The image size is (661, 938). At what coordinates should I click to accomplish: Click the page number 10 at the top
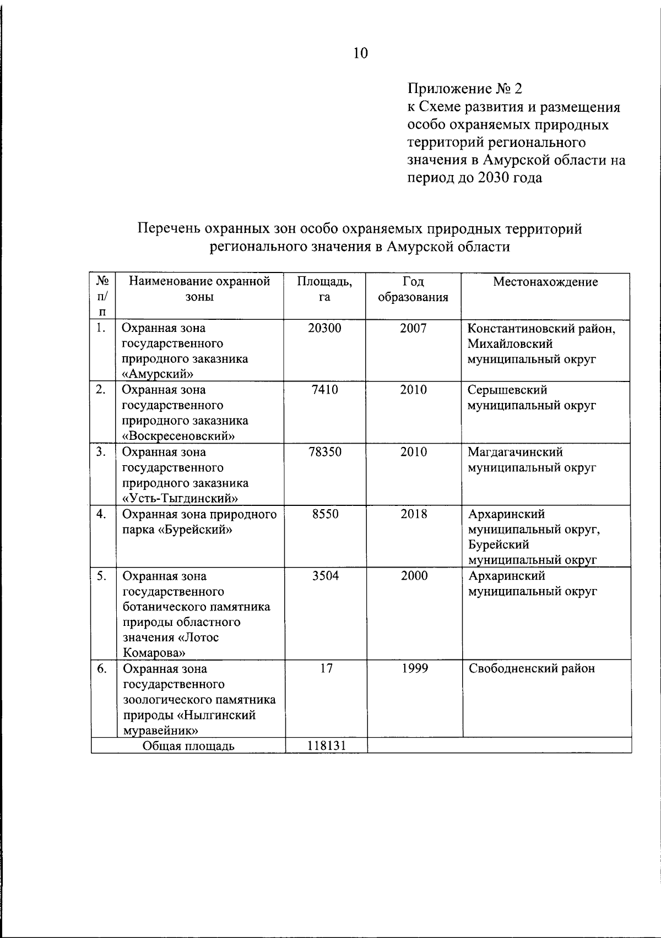click(x=360, y=53)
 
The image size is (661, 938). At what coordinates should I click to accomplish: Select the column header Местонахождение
click(x=545, y=282)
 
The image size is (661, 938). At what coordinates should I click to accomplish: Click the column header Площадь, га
click(x=324, y=289)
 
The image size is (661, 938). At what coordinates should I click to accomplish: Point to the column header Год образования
click(x=413, y=289)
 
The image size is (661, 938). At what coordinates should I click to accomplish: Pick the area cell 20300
click(x=324, y=328)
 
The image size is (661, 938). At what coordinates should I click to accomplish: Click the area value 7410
click(x=324, y=390)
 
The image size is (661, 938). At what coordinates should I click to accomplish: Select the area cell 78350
click(x=324, y=452)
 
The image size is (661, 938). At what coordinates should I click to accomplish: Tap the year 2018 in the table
click(x=413, y=514)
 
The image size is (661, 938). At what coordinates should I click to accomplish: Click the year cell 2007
click(x=413, y=328)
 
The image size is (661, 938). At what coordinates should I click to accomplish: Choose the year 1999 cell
click(x=414, y=668)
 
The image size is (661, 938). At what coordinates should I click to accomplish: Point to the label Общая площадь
click(x=188, y=746)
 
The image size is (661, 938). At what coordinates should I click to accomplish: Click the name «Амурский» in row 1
click(x=158, y=374)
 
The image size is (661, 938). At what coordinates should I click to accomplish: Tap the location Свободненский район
click(x=532, y=669)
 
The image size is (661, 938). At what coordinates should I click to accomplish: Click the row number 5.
click(x=101, y=576)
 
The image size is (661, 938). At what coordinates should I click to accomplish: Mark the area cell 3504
click(x=325, y=576)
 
